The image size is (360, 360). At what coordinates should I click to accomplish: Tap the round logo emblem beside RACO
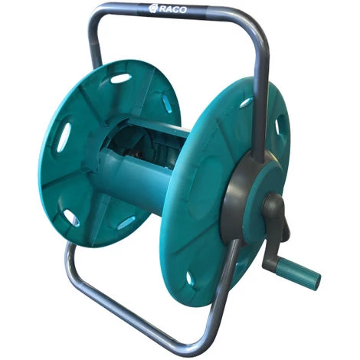pos(153,8)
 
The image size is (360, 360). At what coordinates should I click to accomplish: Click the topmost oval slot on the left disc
pos(121,78)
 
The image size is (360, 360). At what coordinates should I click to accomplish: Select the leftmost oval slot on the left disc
pos(64,137)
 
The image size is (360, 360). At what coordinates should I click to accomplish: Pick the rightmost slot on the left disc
pos(168,104)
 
